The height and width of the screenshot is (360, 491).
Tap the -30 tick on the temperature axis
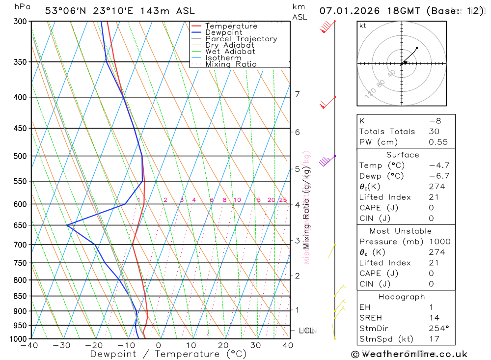click(x=62, y=345)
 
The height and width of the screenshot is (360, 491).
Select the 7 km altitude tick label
click(x=298, y=94)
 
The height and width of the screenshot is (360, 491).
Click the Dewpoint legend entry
click(x=223, y=32)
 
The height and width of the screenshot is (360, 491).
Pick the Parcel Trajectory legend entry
click(x=241, y=39)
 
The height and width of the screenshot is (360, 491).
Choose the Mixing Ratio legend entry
click(x=231, y=64)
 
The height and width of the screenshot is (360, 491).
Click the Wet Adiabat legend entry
click(x=230, y=52)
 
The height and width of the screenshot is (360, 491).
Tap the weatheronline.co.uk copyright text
click(x=409, y=354)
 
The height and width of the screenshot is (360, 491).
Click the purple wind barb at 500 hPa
click(x=326, y=161)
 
